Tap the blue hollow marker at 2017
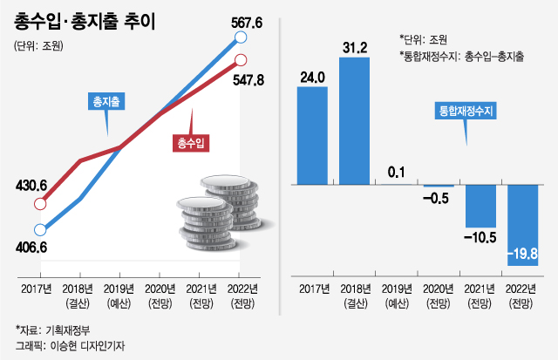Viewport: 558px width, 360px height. [x=39, y=230]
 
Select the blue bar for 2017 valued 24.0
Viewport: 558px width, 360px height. [x=312, y=137]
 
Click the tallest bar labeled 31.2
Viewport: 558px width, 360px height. [x=355, y=121]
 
